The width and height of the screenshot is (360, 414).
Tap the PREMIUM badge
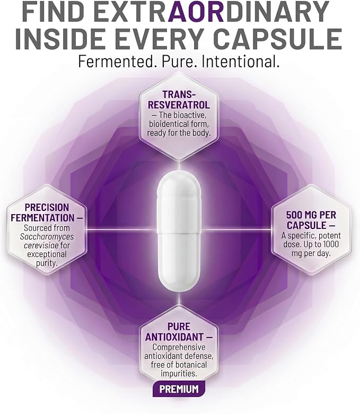tap(179, 389)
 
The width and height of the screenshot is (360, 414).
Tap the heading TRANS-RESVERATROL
tap(179, 100)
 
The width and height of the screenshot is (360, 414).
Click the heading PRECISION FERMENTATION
tap(47, 213)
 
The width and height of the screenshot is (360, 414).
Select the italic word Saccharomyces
tap(47, 236)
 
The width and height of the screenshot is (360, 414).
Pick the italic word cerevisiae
tap(41, 245)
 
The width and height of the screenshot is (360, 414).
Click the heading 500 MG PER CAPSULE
tap(311, 220)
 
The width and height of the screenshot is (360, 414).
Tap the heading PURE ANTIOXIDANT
tap(179, 332)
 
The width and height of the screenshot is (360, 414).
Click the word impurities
tap(179, 374)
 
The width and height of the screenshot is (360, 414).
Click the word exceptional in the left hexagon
tap(47, 254)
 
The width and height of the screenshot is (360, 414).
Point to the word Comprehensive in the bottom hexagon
tap(179, 347)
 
